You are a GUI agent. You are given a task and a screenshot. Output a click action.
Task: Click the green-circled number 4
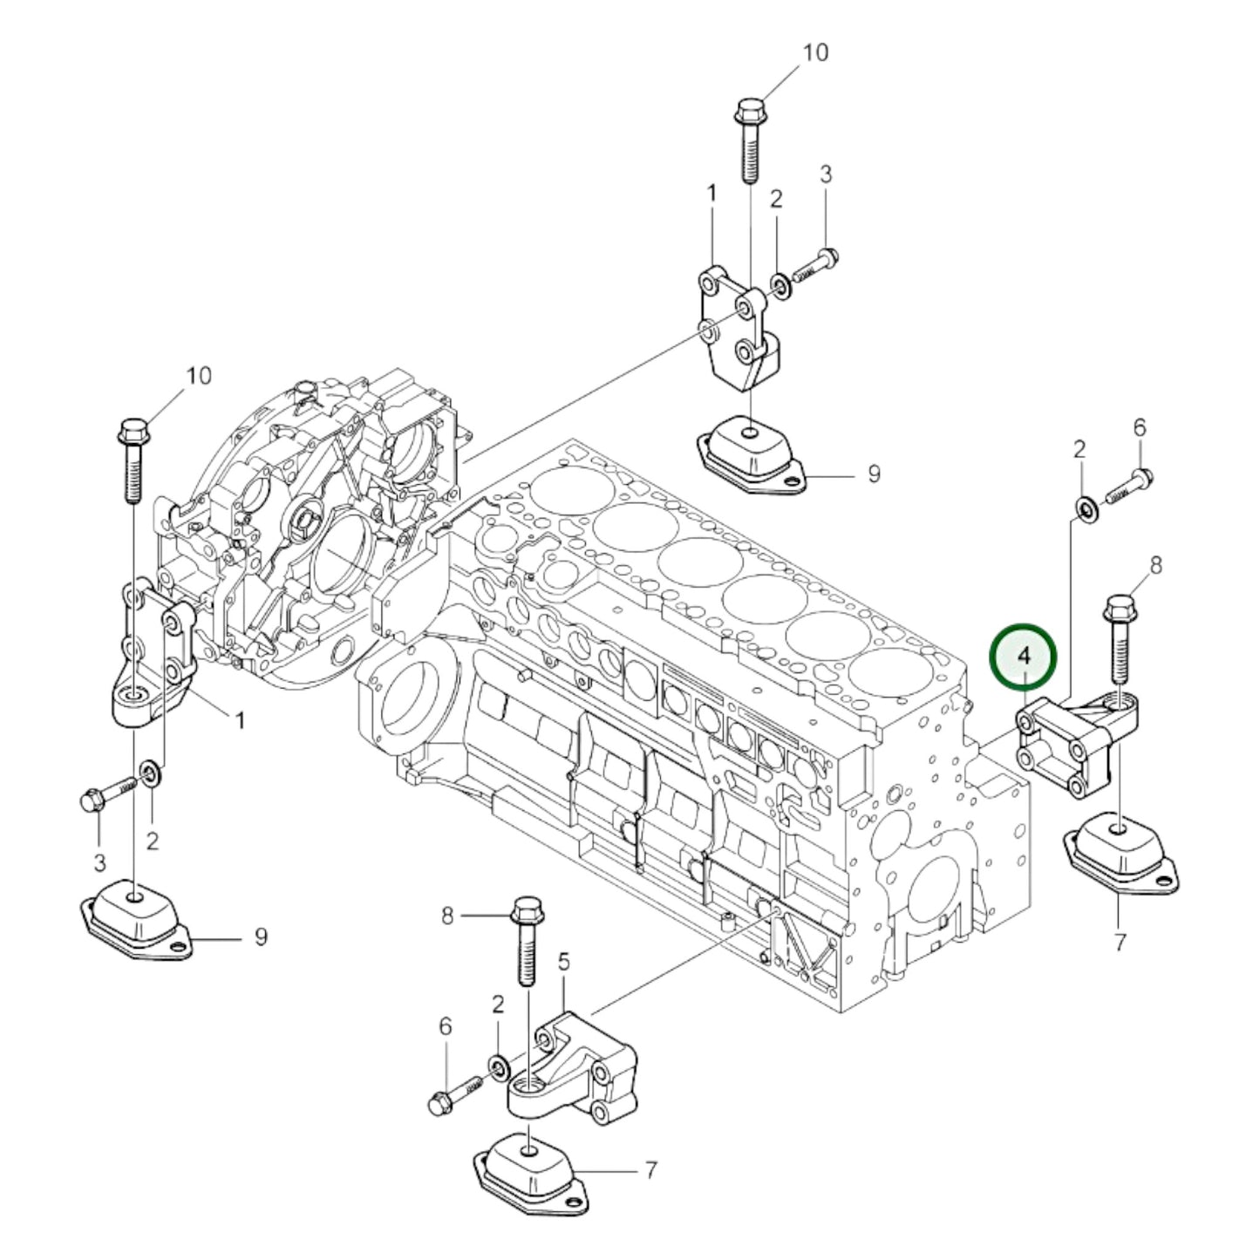(1023, 655)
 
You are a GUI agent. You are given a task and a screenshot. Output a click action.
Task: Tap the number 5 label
(563, 962)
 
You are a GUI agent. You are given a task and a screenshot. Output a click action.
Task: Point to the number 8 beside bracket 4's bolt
(1155, 565)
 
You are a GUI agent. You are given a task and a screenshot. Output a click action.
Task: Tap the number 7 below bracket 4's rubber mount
(1120, 942)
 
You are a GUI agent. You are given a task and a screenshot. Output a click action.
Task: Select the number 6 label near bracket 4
(1140, 427)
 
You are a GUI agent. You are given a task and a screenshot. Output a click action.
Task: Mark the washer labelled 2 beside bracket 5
(499, 1066)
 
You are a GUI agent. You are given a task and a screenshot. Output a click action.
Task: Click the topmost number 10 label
(814, 52)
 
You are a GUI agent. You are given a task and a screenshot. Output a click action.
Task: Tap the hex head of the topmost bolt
(749, 111)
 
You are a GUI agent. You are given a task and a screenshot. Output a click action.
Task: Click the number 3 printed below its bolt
(99, 863)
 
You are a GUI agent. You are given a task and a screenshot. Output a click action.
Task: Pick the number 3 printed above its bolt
(825, 174)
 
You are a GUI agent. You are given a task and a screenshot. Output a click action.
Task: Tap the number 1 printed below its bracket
(239, 720)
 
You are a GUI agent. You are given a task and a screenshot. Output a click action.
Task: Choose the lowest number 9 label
(260, 936)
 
